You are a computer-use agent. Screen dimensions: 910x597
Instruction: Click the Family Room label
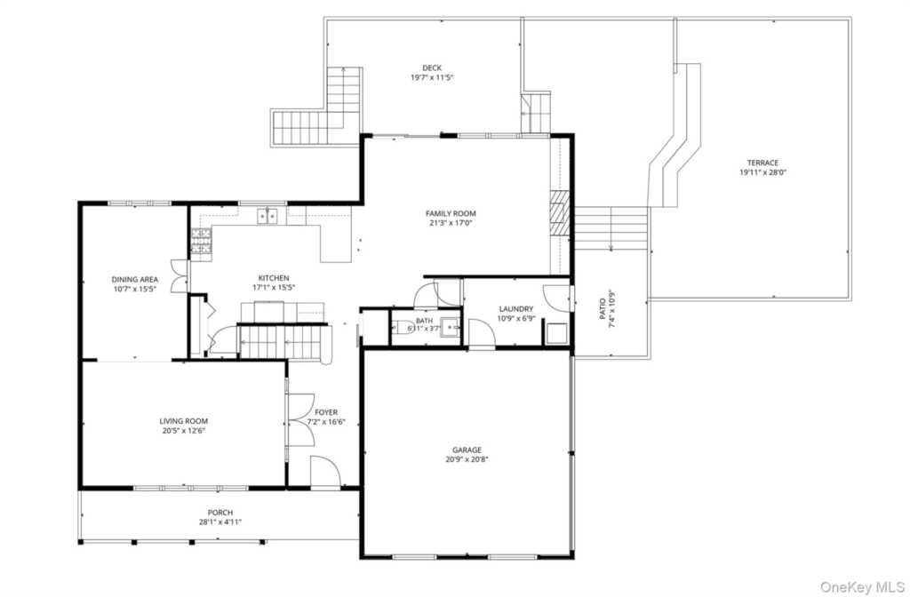[x=451, y=213]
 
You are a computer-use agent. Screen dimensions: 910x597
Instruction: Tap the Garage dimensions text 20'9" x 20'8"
[x=467, y=459]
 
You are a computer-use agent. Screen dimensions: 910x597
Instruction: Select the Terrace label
[x=762, y=163]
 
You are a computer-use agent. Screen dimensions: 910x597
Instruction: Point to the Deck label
[x=432, y=68]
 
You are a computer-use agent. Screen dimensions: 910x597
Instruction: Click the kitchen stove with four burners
[x=201, y=241]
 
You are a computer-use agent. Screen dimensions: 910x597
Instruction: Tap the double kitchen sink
[x=267, y=217]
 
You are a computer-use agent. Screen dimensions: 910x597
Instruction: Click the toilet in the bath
[x=403, y=327]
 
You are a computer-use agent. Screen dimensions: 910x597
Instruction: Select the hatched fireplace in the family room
[x=560, y=213]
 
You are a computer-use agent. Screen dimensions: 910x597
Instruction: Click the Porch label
[x=220, y=513]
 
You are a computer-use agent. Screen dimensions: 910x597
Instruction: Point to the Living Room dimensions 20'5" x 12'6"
[x=183, y=431]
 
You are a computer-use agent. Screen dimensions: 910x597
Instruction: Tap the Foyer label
[x=326, y=412]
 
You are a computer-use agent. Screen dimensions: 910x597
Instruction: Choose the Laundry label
[x=516, y=309]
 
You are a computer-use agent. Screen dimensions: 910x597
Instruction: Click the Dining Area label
[x=135, y=280]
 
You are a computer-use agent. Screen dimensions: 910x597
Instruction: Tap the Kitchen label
[x=274, y=278]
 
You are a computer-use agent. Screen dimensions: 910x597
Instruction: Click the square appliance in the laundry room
[x=556, y=334]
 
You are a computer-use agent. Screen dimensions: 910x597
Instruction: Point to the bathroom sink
[x=449, y=327]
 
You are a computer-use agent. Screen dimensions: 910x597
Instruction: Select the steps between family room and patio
[x=611, y=228]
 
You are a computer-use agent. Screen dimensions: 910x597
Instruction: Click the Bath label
[x=424, y=321]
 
